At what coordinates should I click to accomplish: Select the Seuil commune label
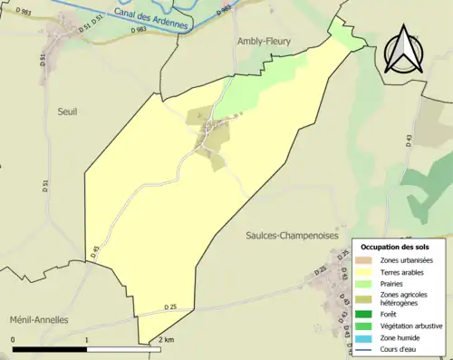[x=64, y=112]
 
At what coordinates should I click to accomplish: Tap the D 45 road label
[x=93, y=252]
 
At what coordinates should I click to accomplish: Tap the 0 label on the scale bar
[x=13, y=339]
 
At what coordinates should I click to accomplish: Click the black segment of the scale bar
[x=50, y=349]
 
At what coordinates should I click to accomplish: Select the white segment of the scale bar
[x=124, y=349]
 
